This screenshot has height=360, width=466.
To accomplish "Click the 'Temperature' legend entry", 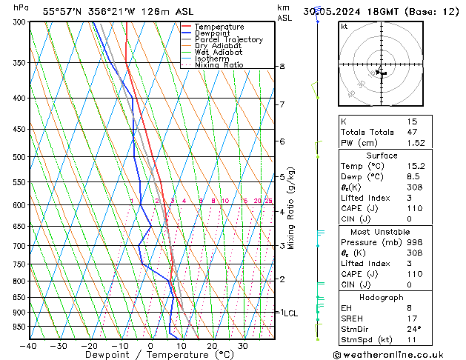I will pos(219,27).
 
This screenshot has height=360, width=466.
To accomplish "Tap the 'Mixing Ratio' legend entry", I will pos(219,65).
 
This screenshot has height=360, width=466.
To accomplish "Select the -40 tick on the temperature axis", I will pos(29,346).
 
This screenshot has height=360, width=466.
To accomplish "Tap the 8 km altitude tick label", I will pos(282,67).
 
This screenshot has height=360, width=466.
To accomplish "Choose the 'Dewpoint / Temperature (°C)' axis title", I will pos(151,356).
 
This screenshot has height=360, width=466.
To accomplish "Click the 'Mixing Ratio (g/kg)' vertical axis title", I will pos(292,208).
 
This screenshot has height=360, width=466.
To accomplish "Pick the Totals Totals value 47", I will pos(413,132).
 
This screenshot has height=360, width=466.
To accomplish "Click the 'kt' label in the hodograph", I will pos(344,27).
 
